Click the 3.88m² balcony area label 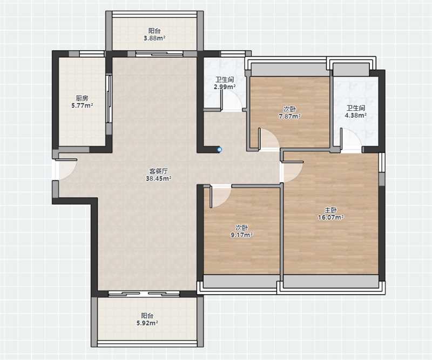click(154, 38)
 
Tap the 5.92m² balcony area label click(147, 323)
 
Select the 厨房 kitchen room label click(82, 98)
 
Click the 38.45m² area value click(159, 178)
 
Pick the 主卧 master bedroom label click(330, 210)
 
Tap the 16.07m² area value click(331, 217)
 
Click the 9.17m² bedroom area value click(242, 235)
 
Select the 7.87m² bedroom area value click(289, 116)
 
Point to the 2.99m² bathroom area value click(225, 87)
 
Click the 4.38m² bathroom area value click(356, 115)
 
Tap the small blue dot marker click(219, 150)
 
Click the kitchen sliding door click(109, 98)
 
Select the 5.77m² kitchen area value click(82, 105)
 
